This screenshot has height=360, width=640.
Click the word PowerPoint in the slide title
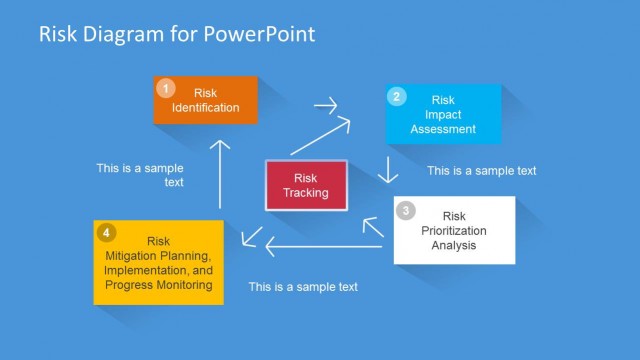[x=263, y=34]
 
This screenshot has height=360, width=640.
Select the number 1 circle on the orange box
[x=167, y=88]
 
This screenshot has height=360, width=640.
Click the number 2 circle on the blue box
[x=397, y=97]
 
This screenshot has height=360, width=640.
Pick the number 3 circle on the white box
[x=405, y=210]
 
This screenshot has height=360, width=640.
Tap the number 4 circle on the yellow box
[x=107, y=233]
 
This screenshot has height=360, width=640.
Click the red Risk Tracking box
[x=306, y=185]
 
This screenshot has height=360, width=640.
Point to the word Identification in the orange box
[x=206, y=108]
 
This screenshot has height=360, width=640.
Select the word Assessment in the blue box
[x=443, y=129]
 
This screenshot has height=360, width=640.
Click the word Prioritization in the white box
[x=454, y=230]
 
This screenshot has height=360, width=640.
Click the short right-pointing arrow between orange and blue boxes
[x=326, y=104]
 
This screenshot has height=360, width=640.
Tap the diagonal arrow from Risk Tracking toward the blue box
[x=322, y=136]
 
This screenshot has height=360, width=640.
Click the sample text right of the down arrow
[x=481, y=171]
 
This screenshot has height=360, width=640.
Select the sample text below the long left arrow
[x=303, y=287]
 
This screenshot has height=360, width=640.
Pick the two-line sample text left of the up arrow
[x=140, y=175]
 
